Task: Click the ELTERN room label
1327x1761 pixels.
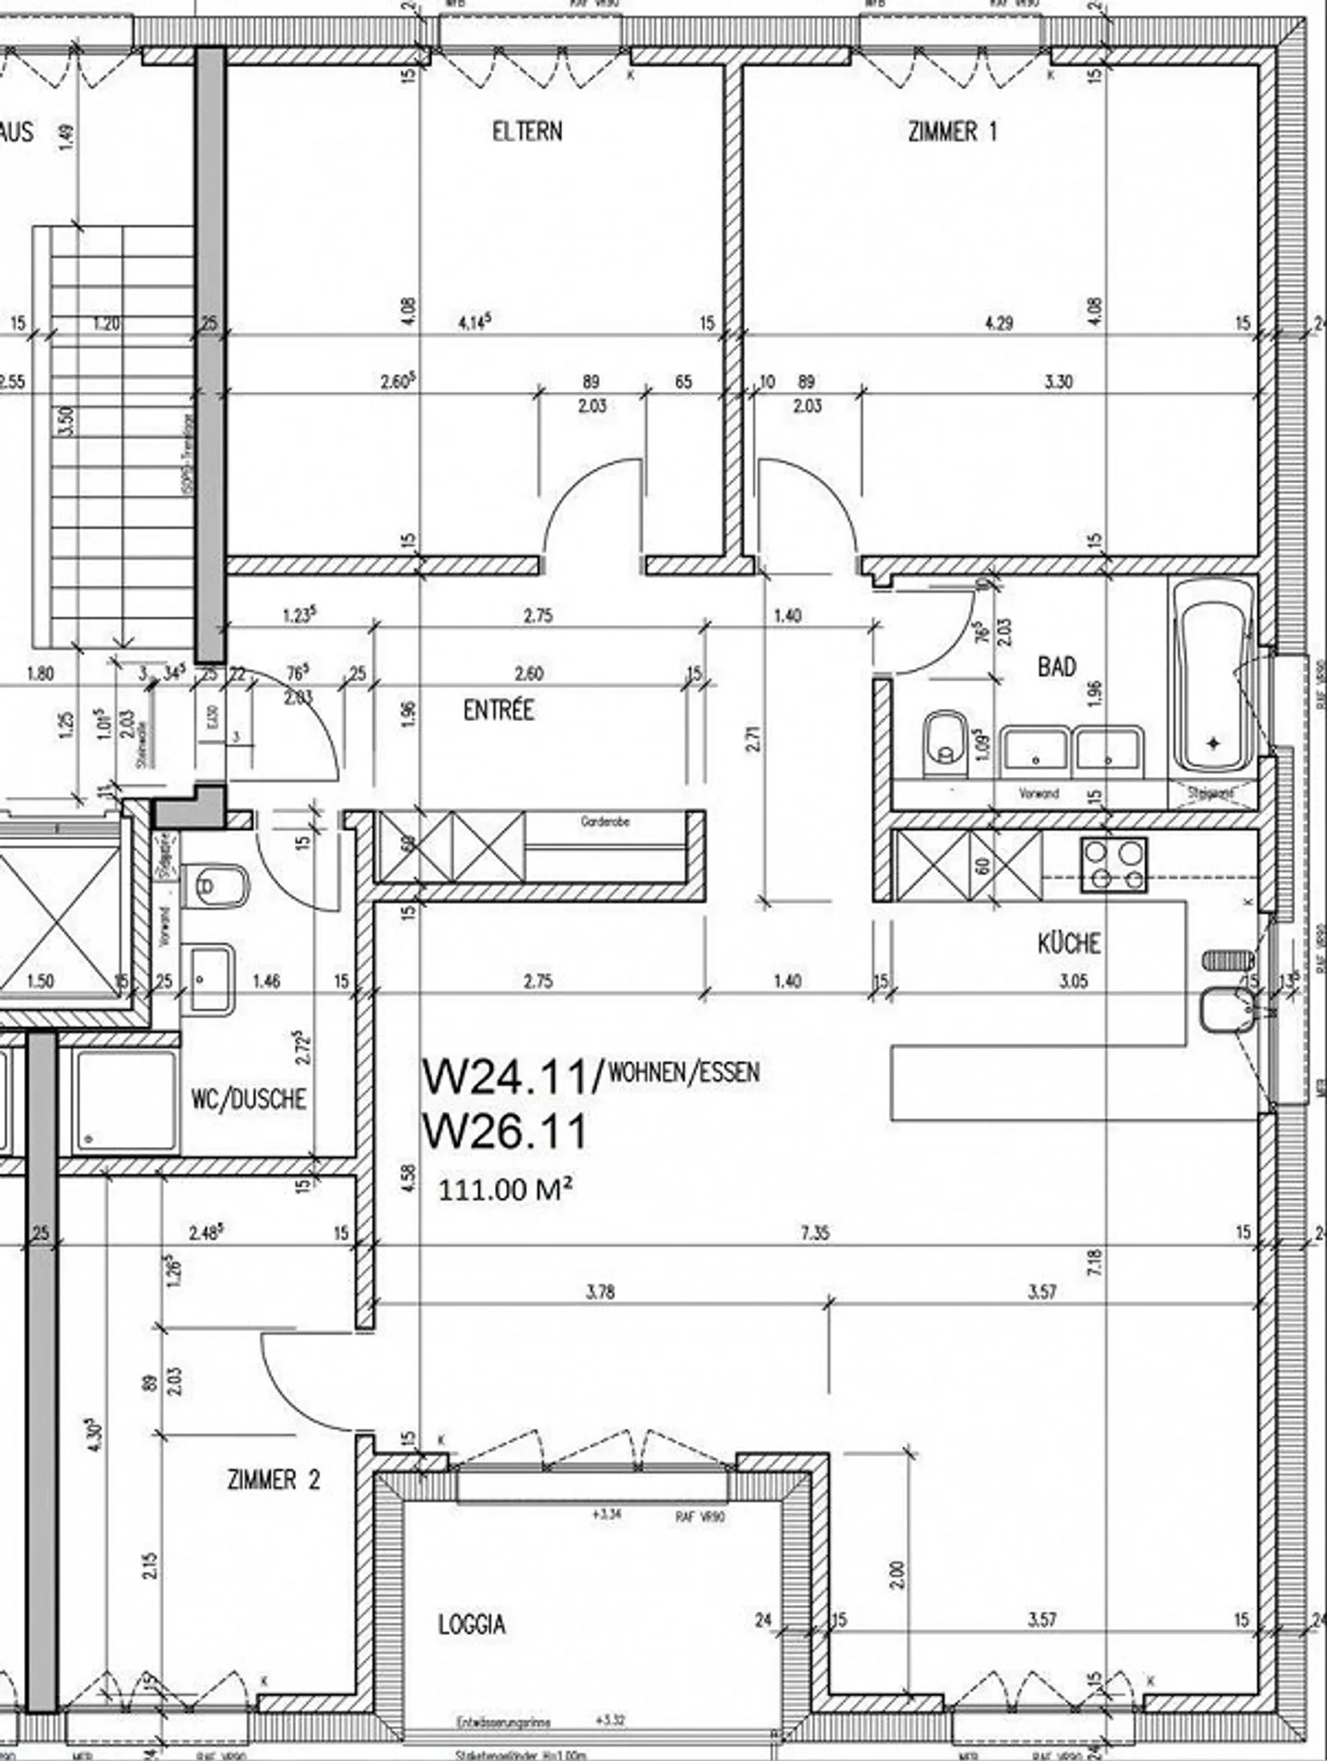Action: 527,132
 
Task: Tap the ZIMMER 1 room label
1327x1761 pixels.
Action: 952,132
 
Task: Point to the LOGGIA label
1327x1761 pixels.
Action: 472,1625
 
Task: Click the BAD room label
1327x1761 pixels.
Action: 1056,667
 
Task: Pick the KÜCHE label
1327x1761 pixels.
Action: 1069,943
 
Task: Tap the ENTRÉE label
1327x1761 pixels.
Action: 499,710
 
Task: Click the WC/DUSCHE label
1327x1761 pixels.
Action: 249,1099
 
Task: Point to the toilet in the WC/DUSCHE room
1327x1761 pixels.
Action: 217,886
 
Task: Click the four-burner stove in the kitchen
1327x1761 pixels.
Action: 1114,865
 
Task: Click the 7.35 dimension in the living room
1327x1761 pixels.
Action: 816,1233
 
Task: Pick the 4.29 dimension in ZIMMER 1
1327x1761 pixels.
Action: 999,324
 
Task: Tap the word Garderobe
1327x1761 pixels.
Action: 605,821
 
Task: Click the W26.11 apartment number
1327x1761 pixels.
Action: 504,1131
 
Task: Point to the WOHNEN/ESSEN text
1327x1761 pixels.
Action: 684,1072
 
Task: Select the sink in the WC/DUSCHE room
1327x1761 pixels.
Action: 212,979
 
